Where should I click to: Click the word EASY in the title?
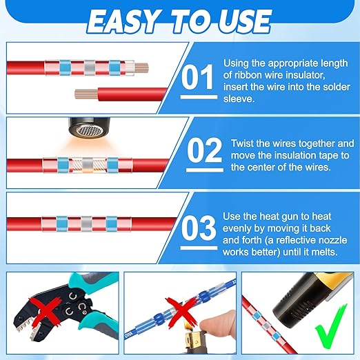pos(123,21)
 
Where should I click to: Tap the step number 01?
pos(197,77)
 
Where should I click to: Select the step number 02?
pos(204,150)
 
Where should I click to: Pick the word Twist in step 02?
pos(242,143)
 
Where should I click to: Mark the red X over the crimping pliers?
pos(46,312)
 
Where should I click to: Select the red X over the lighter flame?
pos(181,313)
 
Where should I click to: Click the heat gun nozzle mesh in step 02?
pos(89,132)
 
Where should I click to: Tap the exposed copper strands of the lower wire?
pos(86,94)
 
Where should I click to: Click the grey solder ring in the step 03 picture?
pos(86,223)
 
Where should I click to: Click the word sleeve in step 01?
pos(239,99)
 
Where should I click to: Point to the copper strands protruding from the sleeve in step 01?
pos(141,68)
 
